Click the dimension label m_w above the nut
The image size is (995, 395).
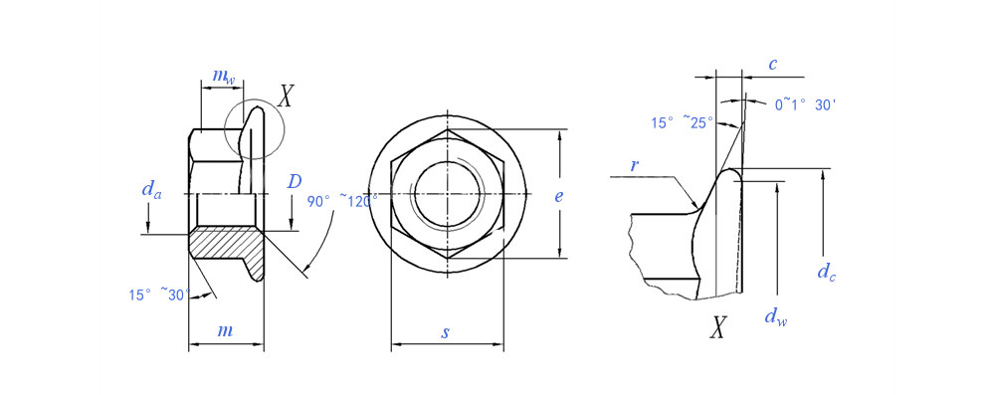click(223, 77)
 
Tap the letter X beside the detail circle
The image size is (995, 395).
click(287, 96)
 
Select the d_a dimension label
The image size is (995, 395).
click(151, 189)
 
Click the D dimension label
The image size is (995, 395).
click(295, 182)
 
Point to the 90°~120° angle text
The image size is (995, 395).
click(342, 201)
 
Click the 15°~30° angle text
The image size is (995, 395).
click(159, 295)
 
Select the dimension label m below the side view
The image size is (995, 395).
click(225, 329)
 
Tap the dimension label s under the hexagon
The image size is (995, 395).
click(446, 332)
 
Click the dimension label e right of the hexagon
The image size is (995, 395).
click(558, 196)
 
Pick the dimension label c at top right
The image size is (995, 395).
click(773, 64)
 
